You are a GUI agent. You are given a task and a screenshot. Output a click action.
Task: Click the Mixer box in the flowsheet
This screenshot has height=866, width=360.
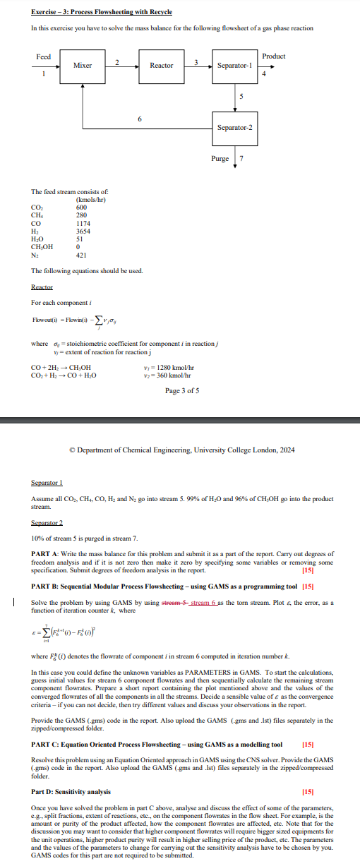coord(82,66)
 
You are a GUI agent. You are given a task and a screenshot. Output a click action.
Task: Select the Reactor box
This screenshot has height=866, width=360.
coord(161,66)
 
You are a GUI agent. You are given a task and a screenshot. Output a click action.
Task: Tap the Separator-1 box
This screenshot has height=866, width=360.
coord(234,66)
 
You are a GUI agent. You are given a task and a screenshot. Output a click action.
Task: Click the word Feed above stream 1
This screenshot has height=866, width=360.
coord(43,56)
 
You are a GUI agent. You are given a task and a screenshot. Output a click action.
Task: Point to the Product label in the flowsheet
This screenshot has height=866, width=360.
coord(273,56)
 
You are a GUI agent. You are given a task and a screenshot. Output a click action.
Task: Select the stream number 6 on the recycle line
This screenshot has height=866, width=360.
coord(139,119)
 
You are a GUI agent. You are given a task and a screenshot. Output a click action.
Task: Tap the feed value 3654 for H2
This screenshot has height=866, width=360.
coord(83,230)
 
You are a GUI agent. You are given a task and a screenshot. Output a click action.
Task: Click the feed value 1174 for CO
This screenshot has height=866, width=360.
coord(83,223)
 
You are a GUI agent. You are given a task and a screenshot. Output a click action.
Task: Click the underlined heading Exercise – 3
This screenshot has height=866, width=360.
coord(102,12)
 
